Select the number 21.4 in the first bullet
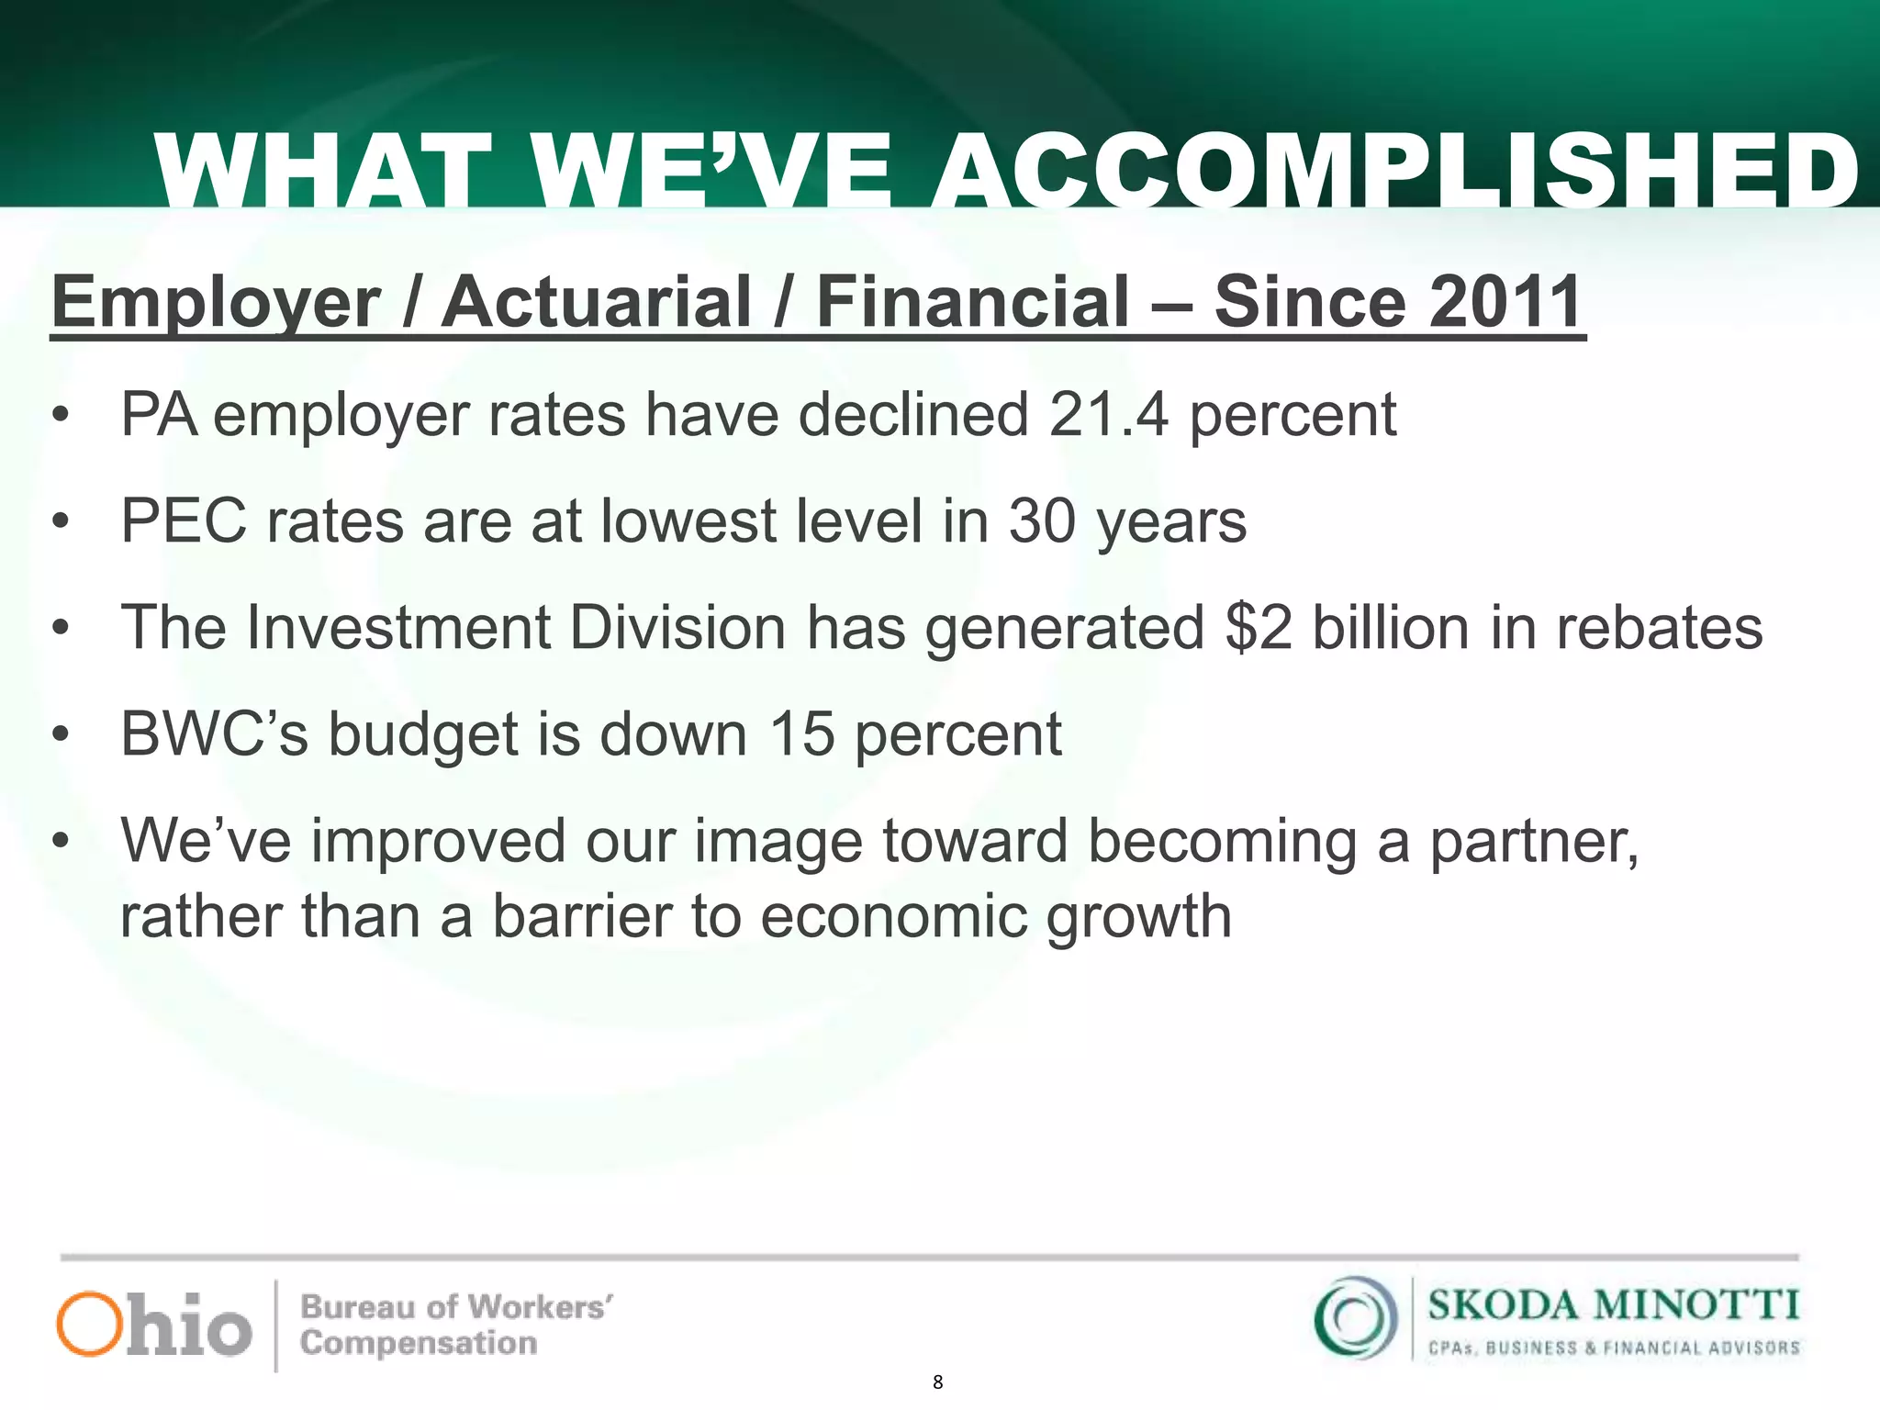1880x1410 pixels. click(1109, 415)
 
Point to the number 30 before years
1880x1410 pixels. click(1042, 521)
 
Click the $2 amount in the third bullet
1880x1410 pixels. click(1259, 628)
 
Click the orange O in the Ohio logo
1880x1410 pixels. click(89, 1324)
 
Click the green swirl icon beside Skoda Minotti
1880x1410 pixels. click(1355, 1318)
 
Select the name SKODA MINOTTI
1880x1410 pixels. click(1613, 1304)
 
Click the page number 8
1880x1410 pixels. click(937, 1382)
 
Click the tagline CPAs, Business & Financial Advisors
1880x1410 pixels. click(1613, 1348)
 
